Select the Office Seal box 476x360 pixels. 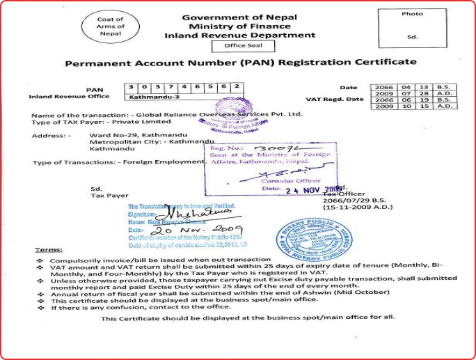239,46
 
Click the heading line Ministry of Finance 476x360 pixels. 239,26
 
